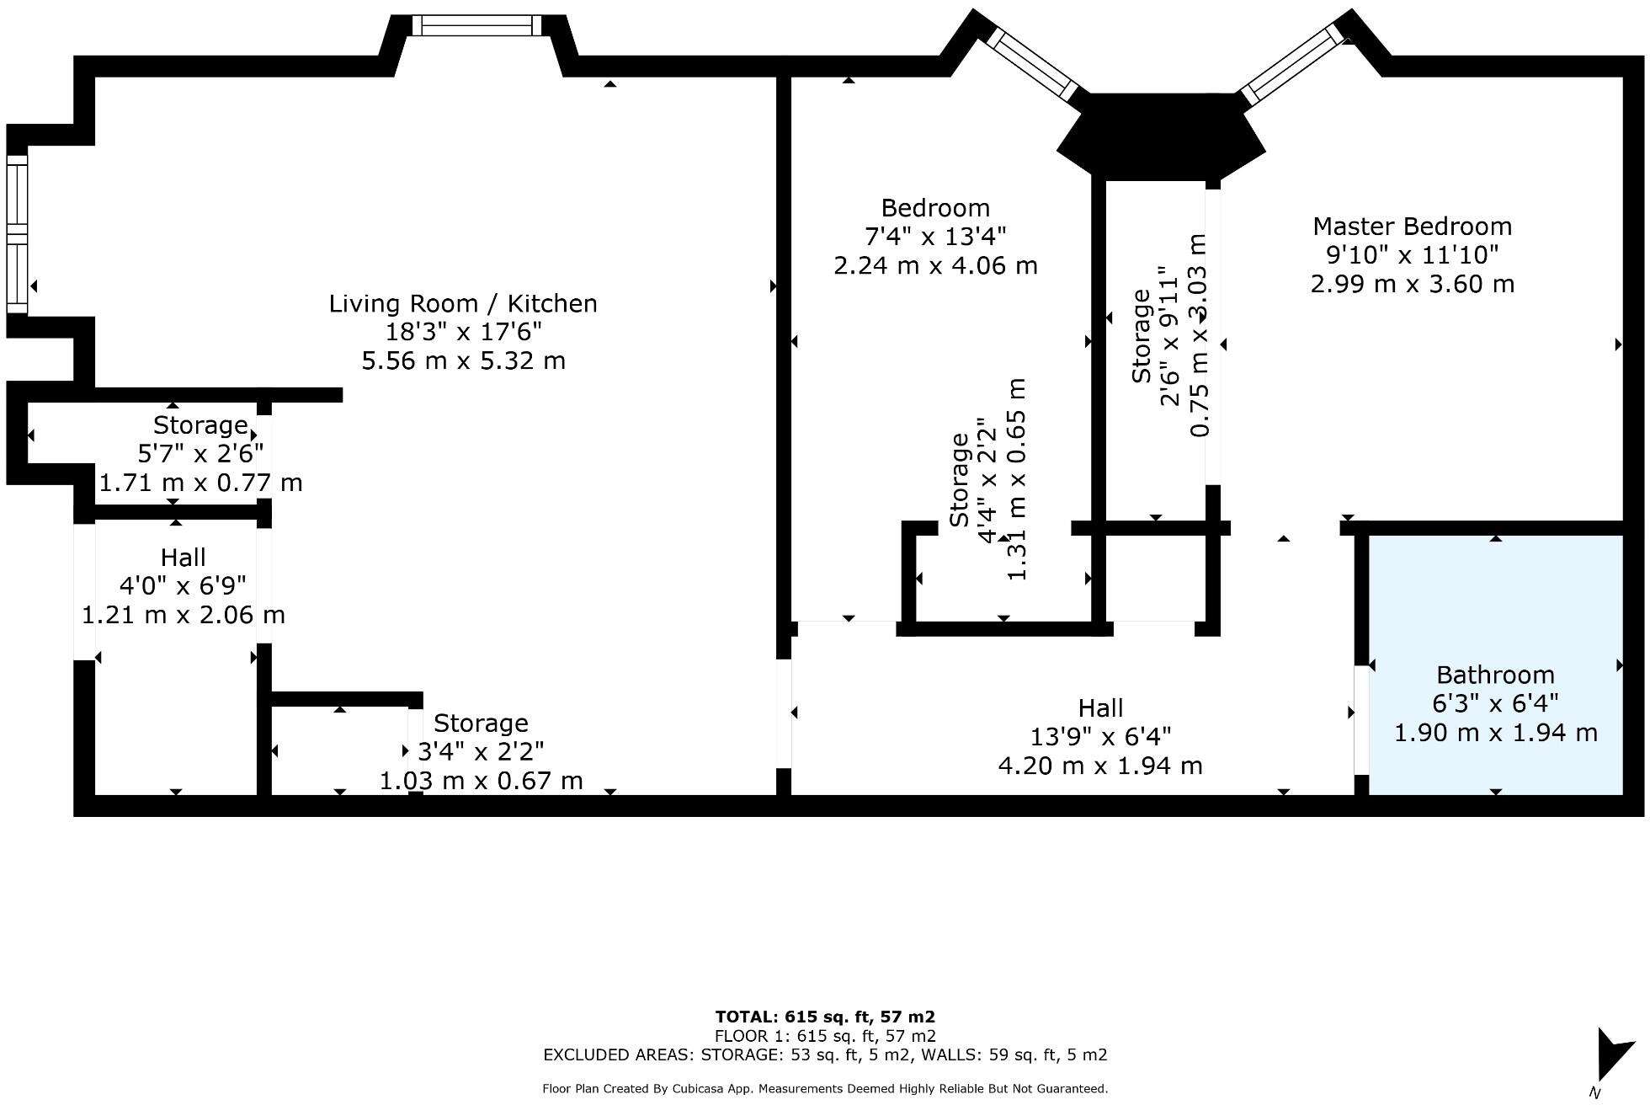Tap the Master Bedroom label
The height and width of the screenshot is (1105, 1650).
point(1412,227)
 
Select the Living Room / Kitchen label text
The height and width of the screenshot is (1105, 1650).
point(463,304)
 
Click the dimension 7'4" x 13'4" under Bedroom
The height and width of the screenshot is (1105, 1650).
point(934,237)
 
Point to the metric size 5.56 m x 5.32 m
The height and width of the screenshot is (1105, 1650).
point(463,361)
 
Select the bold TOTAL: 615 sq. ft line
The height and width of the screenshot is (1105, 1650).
point(825,1017)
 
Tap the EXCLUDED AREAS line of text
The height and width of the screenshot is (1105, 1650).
point(825,1054)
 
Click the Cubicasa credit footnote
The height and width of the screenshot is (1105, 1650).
point(825,1089)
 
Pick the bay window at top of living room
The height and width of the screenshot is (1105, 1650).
point(477,26)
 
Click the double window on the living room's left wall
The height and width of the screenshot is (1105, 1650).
point(17,233)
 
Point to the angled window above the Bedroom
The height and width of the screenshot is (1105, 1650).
point(1034,64)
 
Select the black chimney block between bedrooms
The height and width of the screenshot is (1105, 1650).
point(1160,135)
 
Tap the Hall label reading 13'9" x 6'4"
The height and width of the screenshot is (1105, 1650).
point(1099,737)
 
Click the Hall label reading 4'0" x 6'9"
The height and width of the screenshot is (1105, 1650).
point(183,585)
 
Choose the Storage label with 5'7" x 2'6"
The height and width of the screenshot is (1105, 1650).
point(200,452)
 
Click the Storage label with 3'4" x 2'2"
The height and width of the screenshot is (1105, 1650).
point(481,750)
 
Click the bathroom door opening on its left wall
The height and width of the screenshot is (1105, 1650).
point(1360,720)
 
